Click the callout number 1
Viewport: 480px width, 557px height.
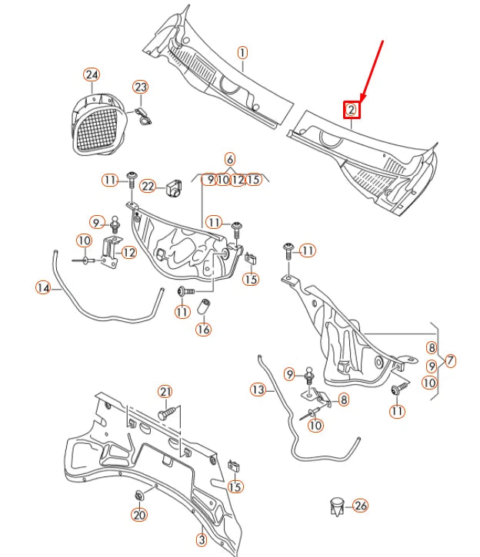(x=242, y=53)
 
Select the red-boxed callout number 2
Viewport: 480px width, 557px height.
(x=351, y=109)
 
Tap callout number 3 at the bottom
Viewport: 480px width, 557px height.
(x=201, y=540)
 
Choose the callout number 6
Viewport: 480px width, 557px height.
(x=230, y=159)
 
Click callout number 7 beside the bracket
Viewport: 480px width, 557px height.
(x=450, y=360)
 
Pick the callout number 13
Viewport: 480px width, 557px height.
(x=258, y=390)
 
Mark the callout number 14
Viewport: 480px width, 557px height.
(x=43, y=288)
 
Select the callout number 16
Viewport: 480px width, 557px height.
(x=202, y=330)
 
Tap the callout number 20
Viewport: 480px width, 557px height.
(x=139, y=515)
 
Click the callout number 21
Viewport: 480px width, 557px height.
(x=165, y=392)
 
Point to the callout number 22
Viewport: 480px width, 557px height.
(x=148, y=186)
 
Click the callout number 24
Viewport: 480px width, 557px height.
(x=92, y=75)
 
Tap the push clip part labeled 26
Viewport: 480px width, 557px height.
(x=335, y=506)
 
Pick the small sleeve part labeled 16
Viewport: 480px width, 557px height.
(x=205, y=309)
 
